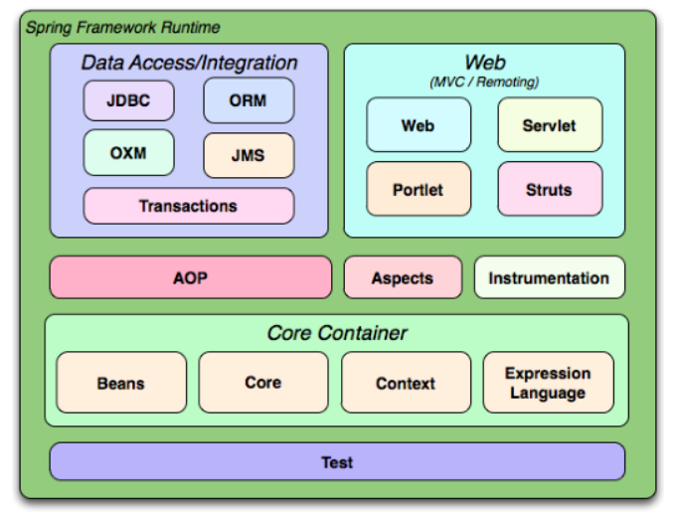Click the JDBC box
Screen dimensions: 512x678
[x=128, y=100]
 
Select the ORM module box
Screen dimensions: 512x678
[x=249, y=100]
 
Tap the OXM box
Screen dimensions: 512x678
[x=128, y=153]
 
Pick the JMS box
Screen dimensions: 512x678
[x=249, y=155]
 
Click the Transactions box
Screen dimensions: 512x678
[x=188, y=206]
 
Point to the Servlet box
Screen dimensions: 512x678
[x=549, y=125]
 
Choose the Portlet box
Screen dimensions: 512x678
[x=418, y=189]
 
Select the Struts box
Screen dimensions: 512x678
[x=549, y=189]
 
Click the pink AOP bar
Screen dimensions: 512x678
[x=190, y=277]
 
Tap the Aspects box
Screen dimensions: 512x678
[x=403, y=277]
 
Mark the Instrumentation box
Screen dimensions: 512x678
[x=549, y=277]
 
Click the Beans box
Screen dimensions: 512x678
[x=120, y=383]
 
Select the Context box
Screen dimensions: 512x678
[x=406, y=383]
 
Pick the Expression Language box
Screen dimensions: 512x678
[x=548, y=383]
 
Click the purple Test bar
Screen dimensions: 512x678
[x=337, y=462]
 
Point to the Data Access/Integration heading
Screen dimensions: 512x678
[x=189, y=63]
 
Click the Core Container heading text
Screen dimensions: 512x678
[x=337, y=333]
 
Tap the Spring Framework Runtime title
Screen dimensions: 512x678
[x=123, y=27]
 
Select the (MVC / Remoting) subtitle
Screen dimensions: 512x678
[x=484, y=82]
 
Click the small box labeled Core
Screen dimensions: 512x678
[x=262, y=383]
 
